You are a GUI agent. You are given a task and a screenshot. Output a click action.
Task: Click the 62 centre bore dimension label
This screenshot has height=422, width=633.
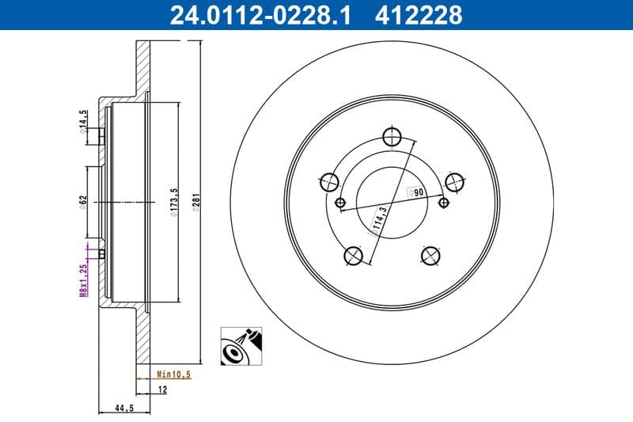pos(83,200)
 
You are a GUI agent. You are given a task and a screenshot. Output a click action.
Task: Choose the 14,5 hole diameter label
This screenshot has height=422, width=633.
pos(83,122)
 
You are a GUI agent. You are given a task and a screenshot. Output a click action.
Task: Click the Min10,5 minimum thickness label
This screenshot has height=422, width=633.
pos(173,374)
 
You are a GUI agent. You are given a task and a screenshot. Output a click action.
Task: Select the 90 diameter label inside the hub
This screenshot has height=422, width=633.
pos(416,192)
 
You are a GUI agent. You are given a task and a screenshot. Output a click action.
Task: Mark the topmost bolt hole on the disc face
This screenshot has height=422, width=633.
pos(392,135)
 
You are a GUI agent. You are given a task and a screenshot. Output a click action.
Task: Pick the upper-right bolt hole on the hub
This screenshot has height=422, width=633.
pos(454,182)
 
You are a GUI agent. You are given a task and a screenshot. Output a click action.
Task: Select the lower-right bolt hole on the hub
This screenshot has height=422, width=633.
pos(430,255)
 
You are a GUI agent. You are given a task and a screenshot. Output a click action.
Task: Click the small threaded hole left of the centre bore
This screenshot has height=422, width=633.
pos(341,203)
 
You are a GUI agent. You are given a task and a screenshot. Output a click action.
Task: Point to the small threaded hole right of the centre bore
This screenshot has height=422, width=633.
pos(443,203)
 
